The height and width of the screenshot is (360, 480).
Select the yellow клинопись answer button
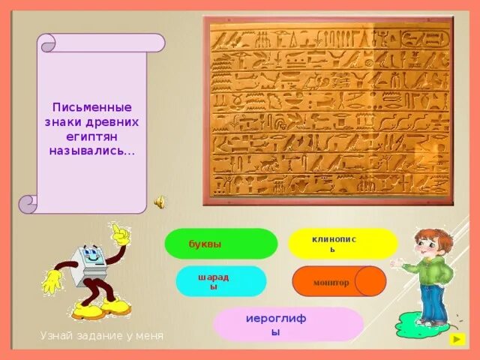tap(342, 244)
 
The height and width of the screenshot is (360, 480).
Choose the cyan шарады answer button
tap(220, 281)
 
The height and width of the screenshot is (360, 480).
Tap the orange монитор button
tap(337, 282)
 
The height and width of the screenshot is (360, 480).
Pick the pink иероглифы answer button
tap(288, 324)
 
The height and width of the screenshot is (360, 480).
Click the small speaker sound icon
tap(160, 202)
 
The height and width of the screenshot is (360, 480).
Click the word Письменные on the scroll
tap(91, 107)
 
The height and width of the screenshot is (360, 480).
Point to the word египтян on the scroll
tap(91, 136)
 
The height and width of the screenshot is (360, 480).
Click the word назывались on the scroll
tap(91, 150)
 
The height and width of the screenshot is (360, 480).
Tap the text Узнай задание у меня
tap(101, 336)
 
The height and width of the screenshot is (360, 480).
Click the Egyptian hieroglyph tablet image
tap(328, 110)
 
